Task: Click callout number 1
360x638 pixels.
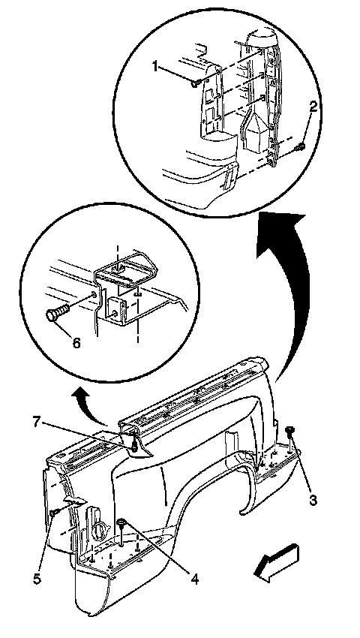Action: pyautogui.click(x=155, y=65)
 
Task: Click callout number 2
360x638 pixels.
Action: pyautogui.click(x=313, y=107)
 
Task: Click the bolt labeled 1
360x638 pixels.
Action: pyautogui.click(x=194, y=83)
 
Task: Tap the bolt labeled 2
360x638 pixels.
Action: pyautogui.click(x=301, y=146)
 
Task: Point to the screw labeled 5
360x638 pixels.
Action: pyautogui.click(x=55, y=513)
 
